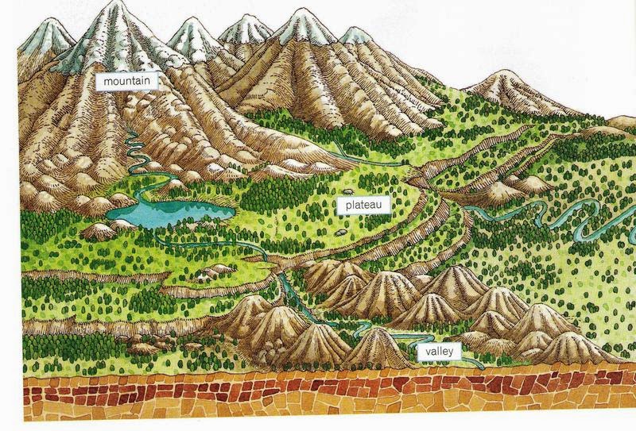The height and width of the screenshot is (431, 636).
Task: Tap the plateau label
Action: click(365, 205)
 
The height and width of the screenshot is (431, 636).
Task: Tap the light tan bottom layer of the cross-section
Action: click(318, 419)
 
